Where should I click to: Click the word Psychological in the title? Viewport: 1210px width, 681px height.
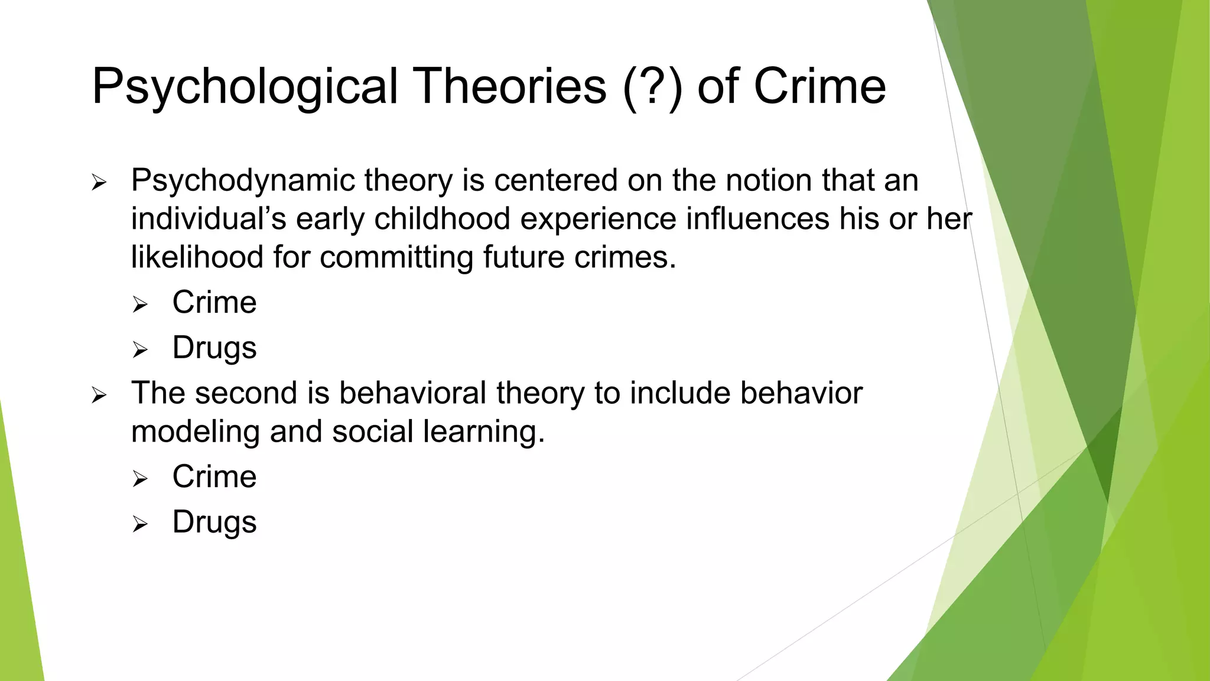tap(244, 87)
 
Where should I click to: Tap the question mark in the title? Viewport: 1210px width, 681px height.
tap(652, 87)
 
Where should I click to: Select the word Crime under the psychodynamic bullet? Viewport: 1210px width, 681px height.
tap(214, 303)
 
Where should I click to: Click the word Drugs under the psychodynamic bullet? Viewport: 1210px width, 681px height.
tap(214, 348)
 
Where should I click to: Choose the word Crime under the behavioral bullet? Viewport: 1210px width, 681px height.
tap(214, 476)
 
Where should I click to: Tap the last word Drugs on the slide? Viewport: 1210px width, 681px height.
tap(214, 522)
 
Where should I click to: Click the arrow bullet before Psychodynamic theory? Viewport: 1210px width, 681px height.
tap(99, 183)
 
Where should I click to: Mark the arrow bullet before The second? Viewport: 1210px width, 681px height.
tap(99, 395)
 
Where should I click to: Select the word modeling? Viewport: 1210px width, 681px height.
tap(196, 432)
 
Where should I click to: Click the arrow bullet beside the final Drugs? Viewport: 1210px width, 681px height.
tap(139, 524)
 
